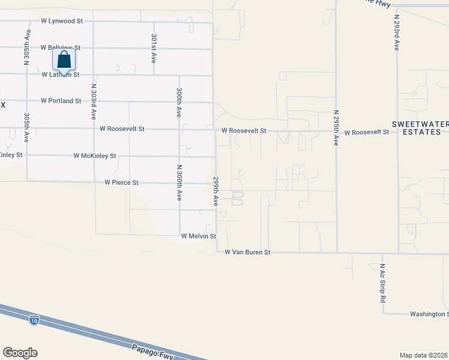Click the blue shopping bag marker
[x=64, y=61]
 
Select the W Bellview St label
[x=61, y=47]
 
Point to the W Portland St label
[x=61, y=101]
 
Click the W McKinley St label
[x=94, y=155]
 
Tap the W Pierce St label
[x=121, y=182]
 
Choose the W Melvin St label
[x=198, y=236]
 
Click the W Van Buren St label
[x=248, y=253]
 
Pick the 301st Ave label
[x=154, y=49]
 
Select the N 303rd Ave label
[x=94, y=100]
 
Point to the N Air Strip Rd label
[x=382, y=282]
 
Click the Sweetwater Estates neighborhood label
[x=420, y=128]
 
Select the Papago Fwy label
[x=152, y=352]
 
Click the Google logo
[x=20, y=353]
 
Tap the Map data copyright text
[x=424, y=355]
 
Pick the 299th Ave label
[x=215, y=191]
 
